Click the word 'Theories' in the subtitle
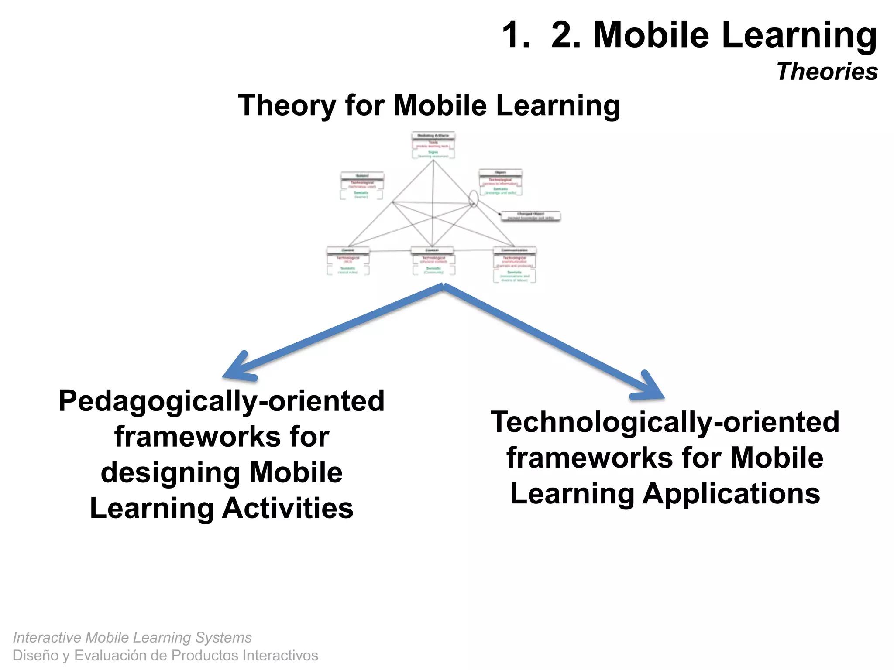827,72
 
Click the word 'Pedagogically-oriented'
221,401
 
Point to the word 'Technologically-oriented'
665,422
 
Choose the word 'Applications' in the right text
731,494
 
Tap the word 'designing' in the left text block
170,473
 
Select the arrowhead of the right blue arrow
650,388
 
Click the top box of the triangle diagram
433,145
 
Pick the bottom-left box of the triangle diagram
348,261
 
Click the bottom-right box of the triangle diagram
515,264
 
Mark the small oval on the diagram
473,198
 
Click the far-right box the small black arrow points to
530,216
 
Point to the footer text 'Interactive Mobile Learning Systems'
132,637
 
